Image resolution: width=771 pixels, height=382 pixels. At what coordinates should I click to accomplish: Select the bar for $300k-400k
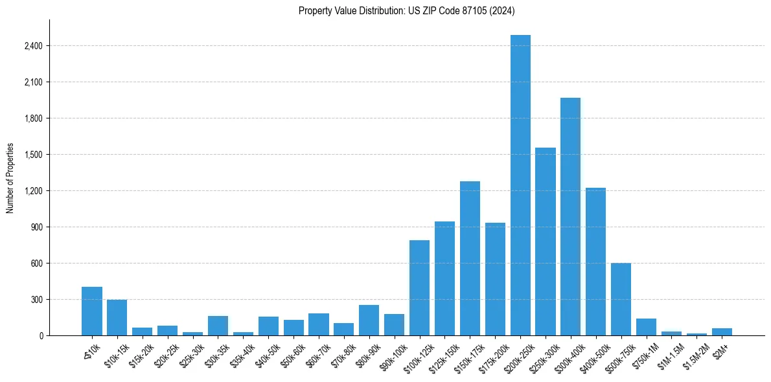(571, 217)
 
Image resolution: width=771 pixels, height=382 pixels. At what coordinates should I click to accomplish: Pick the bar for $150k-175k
(470, 258)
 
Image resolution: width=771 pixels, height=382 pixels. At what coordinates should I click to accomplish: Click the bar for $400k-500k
(596, 262)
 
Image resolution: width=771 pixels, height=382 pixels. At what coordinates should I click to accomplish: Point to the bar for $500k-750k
(621, 299)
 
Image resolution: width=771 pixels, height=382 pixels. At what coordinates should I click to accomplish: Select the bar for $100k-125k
(419, 288)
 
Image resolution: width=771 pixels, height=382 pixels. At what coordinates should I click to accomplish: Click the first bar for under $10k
(92, 311)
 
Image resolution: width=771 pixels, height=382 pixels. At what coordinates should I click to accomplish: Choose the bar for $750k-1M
(647, 327)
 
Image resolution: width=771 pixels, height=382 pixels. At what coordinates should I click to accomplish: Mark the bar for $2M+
(722, 332)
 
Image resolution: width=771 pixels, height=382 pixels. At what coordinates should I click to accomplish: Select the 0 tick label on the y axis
(41, 336)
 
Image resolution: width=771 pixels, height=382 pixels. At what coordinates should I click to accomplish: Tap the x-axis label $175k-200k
(491, 353)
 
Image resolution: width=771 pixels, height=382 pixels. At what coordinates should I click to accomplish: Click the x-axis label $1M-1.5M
(668, 353)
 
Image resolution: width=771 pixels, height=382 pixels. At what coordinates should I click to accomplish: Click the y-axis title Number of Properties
(10, 178)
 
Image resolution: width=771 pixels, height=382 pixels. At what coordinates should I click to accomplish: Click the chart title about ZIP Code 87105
(406, 10)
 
